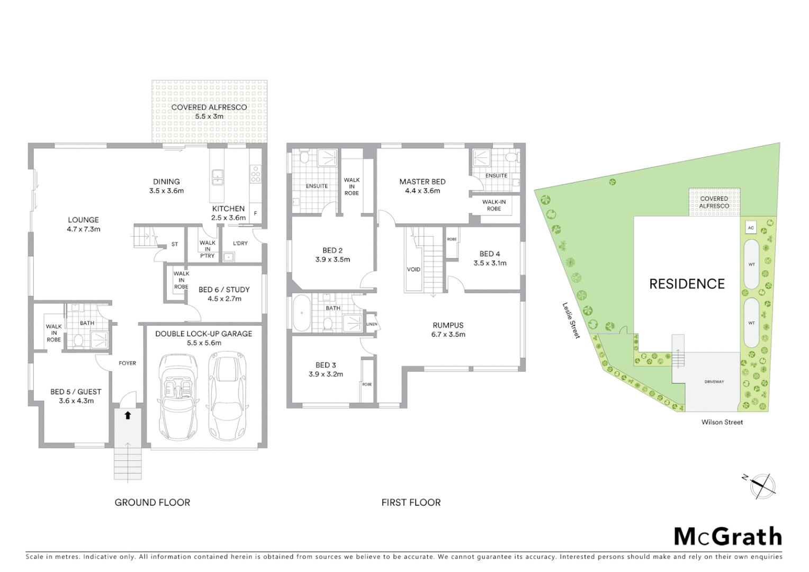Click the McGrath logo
[x=727, y=537]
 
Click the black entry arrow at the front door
[x=128, y=416]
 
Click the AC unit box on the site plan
[x=750, y=228]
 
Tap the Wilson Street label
[x=722, y=422]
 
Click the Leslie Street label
[x=571, y=320]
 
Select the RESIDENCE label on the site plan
[x=687, y=284]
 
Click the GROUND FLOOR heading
[x=152, y=502]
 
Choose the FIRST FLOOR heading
[x=411, y=502]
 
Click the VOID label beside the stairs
[x=414, y=270]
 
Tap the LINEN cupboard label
[x=372, y=324]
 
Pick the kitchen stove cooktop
[x=256, y=174]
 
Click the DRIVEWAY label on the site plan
[x=714, y=381]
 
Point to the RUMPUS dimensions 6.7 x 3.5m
[x=448, y=334]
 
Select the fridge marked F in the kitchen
[x=256, y=213]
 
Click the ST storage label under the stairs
[x=175, y=244]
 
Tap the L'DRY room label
[x=240, y=243]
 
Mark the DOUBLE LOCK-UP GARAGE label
[x=203, y=334]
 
